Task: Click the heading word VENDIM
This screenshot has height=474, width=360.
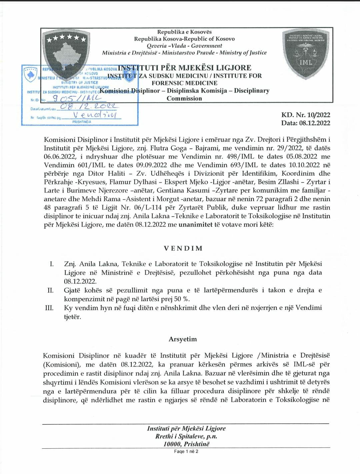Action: [x=183, y=248]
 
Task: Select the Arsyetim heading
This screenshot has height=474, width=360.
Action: [x=183, y=339]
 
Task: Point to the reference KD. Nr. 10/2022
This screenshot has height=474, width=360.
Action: [x=306, y=115]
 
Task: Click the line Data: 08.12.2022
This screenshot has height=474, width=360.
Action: [x=306, y=123]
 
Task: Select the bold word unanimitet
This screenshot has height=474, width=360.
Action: [x=196, y=225]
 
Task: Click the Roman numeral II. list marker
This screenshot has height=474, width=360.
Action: [x=51, y=290]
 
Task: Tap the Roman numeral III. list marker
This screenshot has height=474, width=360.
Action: [x=49, y=307]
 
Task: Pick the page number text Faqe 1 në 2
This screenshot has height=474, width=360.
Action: [x=186, y=451]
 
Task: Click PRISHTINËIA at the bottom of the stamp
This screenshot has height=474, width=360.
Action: [x=81, y=122]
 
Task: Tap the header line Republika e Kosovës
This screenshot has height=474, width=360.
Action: [x=184, y=32]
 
